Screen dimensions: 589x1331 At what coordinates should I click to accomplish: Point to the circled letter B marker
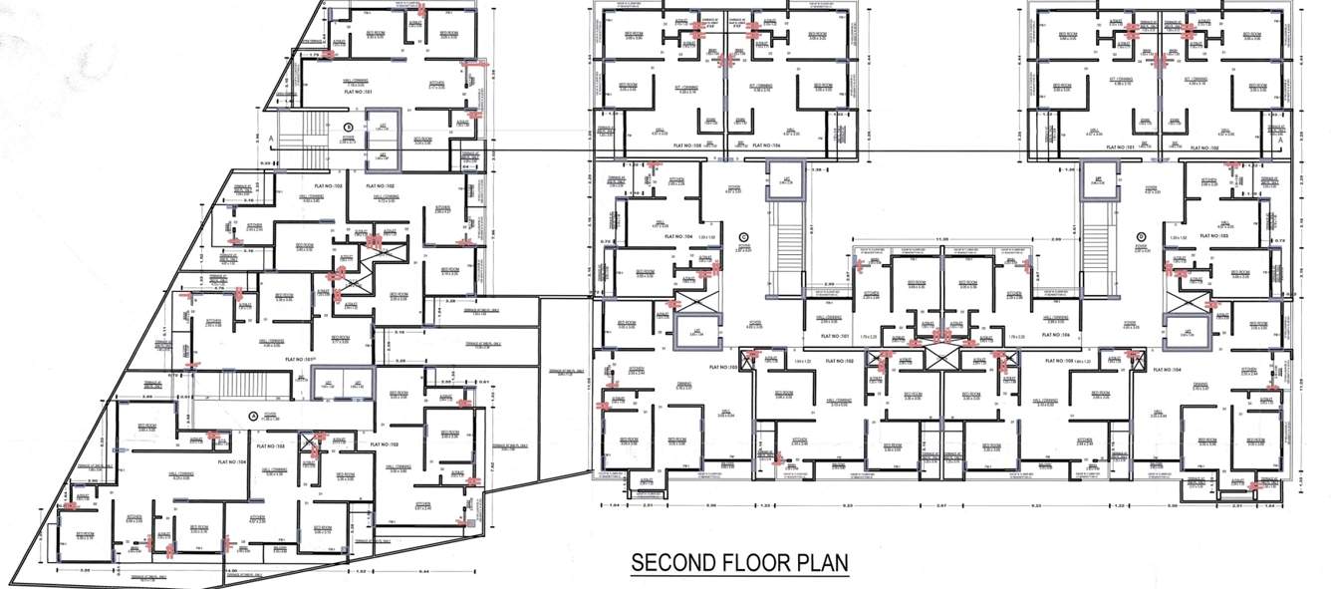coord(349,127)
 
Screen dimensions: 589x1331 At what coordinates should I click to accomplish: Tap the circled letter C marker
coord(742,237)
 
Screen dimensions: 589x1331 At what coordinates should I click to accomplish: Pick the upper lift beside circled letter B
coord(383,129)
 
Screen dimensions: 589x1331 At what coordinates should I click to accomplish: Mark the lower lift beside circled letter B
coord(383,156)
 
